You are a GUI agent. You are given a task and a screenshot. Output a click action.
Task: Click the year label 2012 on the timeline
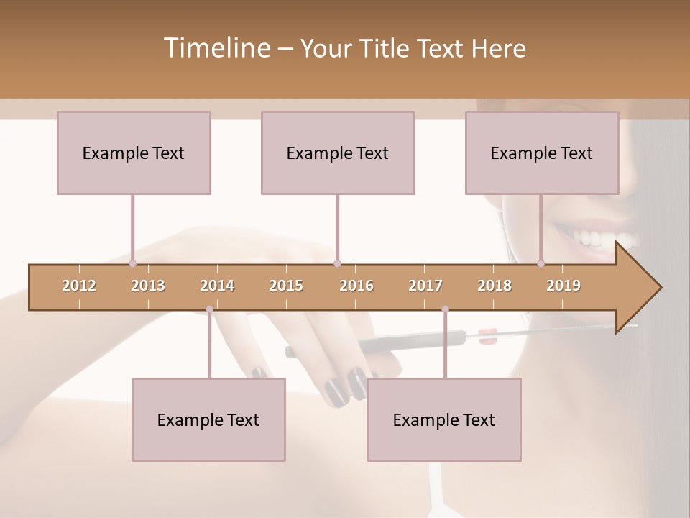tap(79, 286)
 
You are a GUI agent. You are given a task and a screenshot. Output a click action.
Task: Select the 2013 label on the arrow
tap(148, 286)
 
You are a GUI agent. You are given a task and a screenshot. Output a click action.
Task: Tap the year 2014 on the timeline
tap(217, 286)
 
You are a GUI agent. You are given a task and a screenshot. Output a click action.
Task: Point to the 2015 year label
tap(286, 286)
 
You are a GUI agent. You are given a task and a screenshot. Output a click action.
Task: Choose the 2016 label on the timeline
tap(356, 286)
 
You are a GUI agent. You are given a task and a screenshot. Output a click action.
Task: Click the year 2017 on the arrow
tap(425, 286)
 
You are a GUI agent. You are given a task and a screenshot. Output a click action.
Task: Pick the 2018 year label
tap(494, 286)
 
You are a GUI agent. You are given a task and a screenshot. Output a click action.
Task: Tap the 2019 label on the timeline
tap(563, 286)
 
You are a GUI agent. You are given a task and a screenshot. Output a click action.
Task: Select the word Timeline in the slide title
tap(215, 48)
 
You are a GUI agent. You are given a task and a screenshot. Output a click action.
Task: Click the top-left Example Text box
tap(134, 153)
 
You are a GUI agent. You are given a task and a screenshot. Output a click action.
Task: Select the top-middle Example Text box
tap(338, 153)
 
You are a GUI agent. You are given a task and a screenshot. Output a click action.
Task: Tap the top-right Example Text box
tap(542, 153)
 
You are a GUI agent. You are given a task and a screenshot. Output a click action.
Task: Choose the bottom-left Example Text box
tap(208, 419)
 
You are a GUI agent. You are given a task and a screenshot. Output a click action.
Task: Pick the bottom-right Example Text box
tap(444, 419)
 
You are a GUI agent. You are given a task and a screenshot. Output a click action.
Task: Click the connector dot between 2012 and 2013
tap(133, 263)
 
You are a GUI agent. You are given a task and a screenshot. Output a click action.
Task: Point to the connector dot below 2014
tap(209, 309)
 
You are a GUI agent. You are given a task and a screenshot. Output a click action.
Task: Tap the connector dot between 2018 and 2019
tap(541, 263)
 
